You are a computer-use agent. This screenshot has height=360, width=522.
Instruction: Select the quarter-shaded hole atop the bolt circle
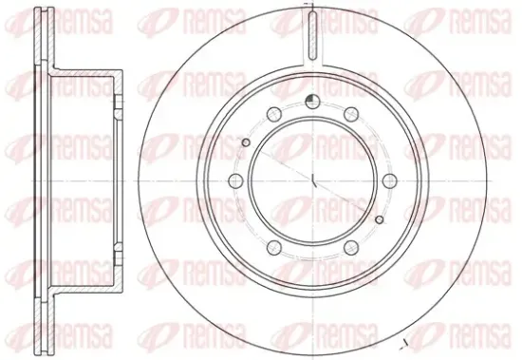point(312,102)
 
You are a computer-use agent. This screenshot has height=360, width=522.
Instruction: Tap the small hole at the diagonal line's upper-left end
point(246,142)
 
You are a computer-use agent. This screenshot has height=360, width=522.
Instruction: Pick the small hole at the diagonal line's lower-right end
point(380,219)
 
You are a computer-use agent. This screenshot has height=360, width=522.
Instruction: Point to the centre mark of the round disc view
point(313,180)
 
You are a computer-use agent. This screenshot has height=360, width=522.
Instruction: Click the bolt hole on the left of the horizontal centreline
point(235,181)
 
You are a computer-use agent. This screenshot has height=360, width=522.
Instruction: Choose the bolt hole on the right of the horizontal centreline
point(390,181)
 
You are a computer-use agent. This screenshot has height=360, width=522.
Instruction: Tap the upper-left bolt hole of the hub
point(274,114)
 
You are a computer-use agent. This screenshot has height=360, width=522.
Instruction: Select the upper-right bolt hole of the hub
point(351,114)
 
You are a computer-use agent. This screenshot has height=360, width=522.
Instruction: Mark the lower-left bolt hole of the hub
point(274,248)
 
